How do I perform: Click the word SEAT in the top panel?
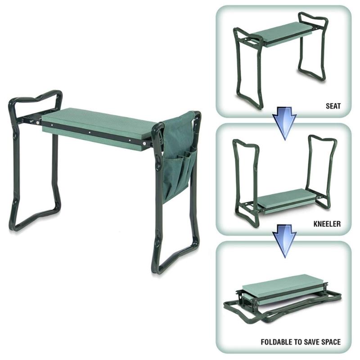(333, 107)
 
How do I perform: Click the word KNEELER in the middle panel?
(326, 223)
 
